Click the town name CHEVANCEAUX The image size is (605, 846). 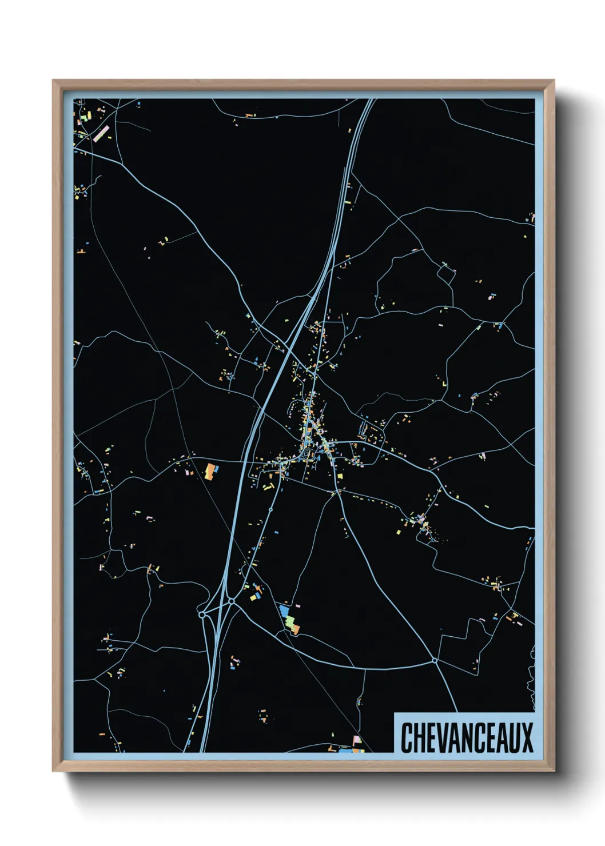pyautogui.click(x=466, y=737)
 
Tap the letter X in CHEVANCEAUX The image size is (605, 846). pyautogui.click(x=526, y=737)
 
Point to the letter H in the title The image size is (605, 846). pyautogui.click(x=420, y=737)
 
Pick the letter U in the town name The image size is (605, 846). pyautogui.click(x=513, y=737)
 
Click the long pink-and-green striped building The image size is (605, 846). pyautogui.click(x=101, y=133)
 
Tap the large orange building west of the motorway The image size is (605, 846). pyautogui.click(x=211, y=472)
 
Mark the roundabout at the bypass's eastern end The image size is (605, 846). pyautogui.click(x=435, y=661)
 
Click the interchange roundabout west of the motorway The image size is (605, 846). pyautogui.click(x=202, y=614)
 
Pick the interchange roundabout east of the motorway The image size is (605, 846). pyautogui.click(x=231, y=601)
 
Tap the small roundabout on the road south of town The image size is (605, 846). pyautogui.click(x=270, y=509)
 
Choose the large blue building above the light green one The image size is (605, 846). pyautogui.click(x=284, y=610)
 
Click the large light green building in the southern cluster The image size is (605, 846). pyautogui.click(x=290, y=621)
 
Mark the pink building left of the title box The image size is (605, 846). pyautogui.click(x=357, y=740)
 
